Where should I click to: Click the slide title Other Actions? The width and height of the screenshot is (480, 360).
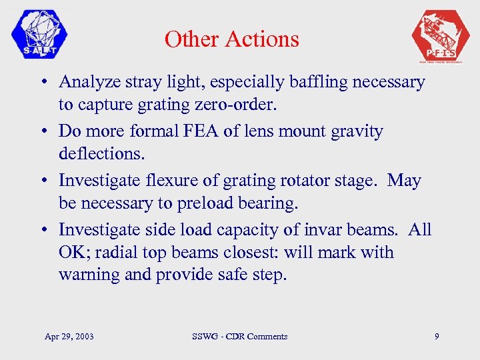click(231, 39)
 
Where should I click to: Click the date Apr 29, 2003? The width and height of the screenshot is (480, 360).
click(69, 337)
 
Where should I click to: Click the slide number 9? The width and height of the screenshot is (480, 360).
click(437, 337)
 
